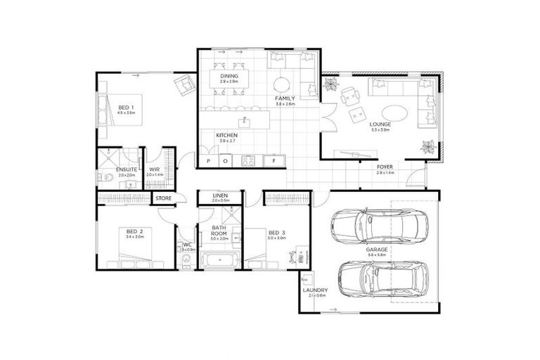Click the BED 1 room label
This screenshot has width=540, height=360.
click(x=127, y=107)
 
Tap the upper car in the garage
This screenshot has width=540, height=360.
click(x=375, y=226)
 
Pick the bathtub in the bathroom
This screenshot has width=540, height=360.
click(x=219, y=262)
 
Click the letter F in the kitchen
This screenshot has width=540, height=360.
click(x=274, y=161)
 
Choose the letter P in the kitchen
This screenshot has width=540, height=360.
click(x=208, y=161)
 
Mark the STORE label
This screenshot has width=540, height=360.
click(x=163, y=198)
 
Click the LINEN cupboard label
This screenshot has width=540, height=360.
click(x=220, y=195)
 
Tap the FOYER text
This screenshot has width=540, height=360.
click(x=385, y=167)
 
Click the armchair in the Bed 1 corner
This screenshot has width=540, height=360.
click(x=185, y=84)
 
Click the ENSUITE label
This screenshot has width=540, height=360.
click(x=126, y=169)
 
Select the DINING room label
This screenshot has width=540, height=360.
click(x=229, y=76)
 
